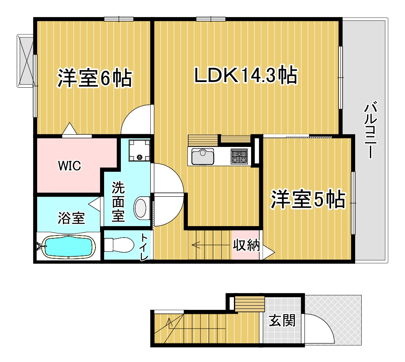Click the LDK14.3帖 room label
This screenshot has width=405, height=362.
(x=246, y=75)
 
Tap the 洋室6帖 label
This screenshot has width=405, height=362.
(x=95, y=78)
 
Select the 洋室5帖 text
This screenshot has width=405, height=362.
(x=308, y=199)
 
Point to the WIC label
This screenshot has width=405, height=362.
(x=69, y=166)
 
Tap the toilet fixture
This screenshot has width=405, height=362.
(x=119, y=245)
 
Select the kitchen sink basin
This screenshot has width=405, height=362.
(x=203, y=156)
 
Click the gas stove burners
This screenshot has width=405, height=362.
(x=239, y=156)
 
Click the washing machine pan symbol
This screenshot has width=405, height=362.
(x=140, y=150)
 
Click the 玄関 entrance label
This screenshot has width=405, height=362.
(x=282, y=320)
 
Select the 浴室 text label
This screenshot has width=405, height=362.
(x=71, y=218)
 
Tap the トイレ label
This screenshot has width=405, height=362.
(x=144, y=247)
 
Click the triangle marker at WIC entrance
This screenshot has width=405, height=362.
(x=70, y=128)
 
